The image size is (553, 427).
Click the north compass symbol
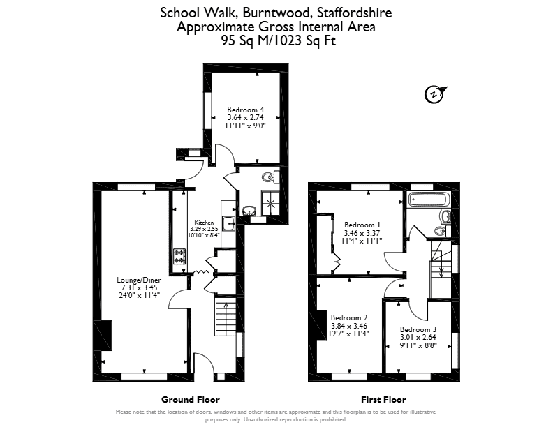434,94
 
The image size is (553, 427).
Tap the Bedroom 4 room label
246,110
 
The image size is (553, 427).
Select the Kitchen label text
204,223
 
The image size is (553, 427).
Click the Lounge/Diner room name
139,280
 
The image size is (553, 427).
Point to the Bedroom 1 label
362,225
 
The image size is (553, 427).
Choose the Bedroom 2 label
349,317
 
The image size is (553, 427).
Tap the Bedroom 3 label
418,330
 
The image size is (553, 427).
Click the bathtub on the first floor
429,200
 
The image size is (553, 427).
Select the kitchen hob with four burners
179,256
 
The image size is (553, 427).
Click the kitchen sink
229,223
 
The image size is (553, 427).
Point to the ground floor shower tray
271,203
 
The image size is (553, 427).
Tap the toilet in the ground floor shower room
271,176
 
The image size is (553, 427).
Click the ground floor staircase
226,316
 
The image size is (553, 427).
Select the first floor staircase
440,269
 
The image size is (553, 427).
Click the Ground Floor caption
191,400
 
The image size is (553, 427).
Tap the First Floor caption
383,400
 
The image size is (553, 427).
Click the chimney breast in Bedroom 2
321,325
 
